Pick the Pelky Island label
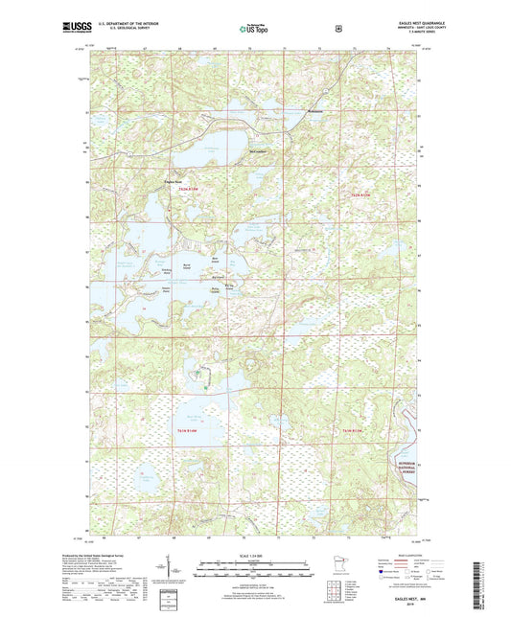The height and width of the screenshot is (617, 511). coord(216,287)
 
